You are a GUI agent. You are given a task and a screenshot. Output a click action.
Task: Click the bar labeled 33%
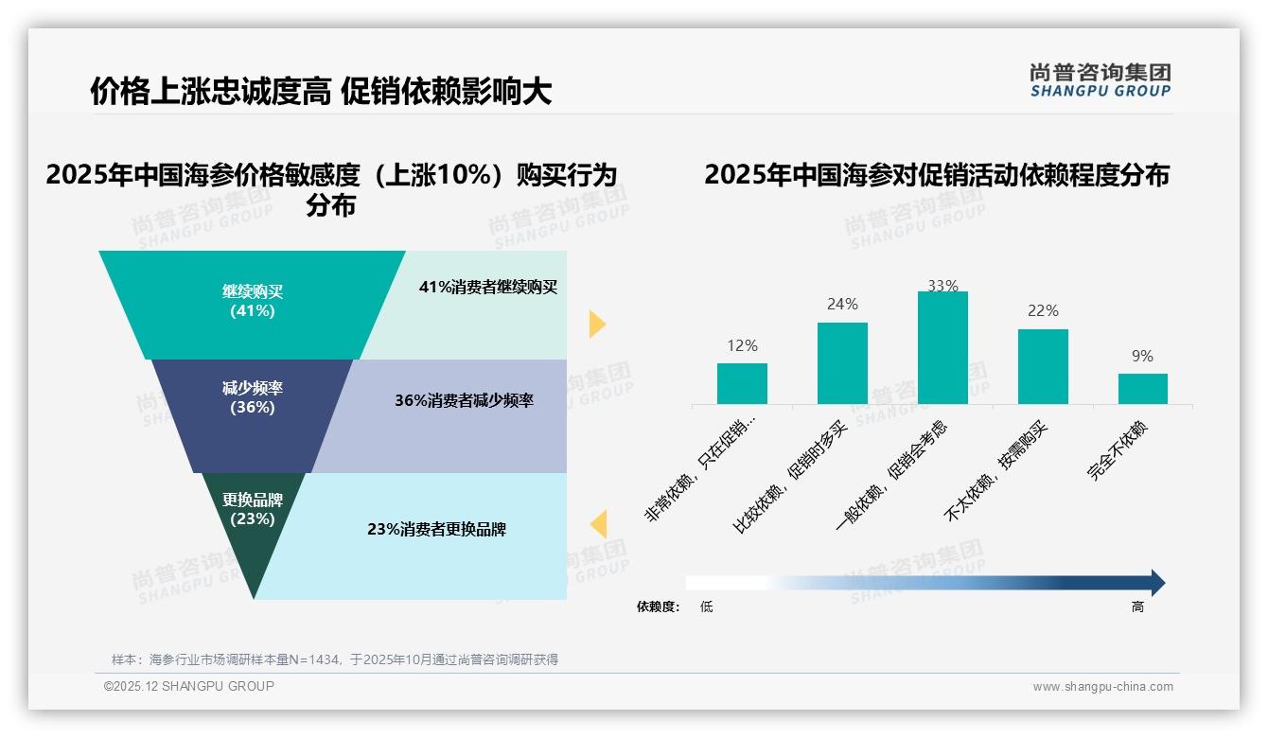tap(942, 347)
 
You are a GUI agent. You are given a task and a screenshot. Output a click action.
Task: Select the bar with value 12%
tap(742, 383)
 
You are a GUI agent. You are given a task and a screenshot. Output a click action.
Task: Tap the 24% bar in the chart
tap(842, 363)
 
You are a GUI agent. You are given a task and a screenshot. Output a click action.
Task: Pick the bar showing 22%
tap(1043, 366)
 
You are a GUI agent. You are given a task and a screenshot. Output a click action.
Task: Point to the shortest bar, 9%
tap(1142, 389)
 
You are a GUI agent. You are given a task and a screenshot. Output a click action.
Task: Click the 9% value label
tap(1142, 357)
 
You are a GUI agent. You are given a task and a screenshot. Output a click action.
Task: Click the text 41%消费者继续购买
tap(488, 288)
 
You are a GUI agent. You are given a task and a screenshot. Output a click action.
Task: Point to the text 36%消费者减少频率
tap(464, 401)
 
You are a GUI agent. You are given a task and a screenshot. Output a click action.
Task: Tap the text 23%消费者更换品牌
tap(436, 530)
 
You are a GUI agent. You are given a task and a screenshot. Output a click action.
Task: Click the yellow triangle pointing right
tap(596, 324)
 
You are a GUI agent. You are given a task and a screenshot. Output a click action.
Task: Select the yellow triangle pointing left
tap(598, 524)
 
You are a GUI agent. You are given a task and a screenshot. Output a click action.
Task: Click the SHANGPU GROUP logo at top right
tap(1100, 80)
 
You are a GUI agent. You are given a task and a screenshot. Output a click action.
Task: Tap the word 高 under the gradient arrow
tap(1137, 607)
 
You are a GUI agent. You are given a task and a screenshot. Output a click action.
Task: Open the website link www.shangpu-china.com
tap(1102, 687)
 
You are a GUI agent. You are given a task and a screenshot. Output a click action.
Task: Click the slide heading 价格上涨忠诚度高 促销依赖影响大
tap(321, 92)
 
